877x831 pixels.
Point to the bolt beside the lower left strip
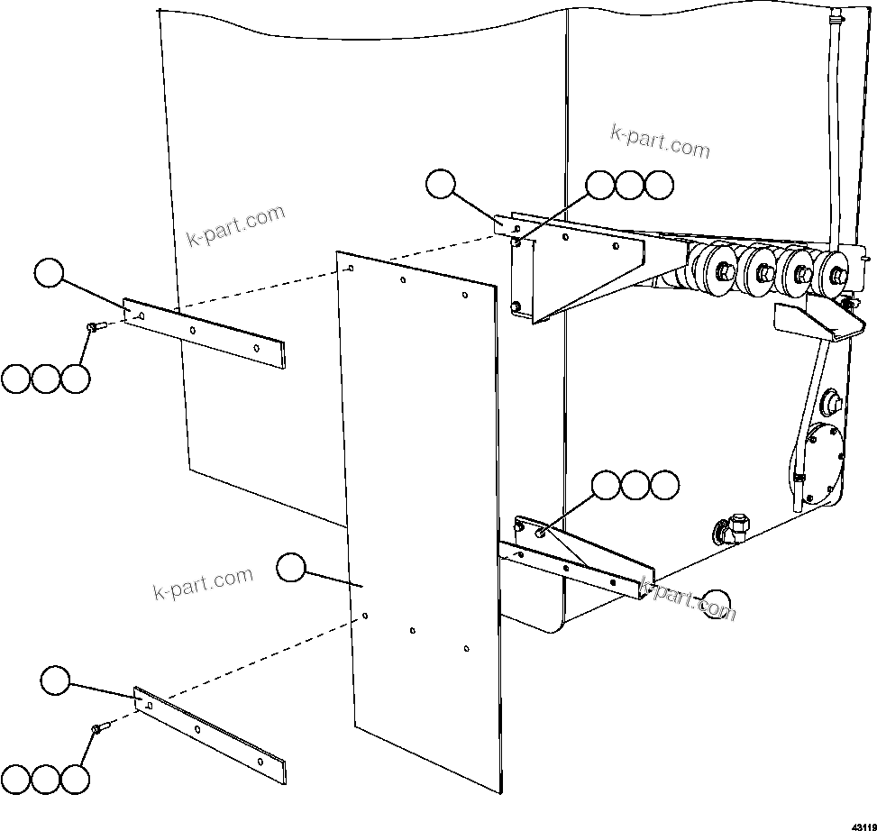(98, 726)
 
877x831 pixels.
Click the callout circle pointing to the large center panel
(290, 568)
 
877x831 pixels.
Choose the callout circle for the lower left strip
(56, 680)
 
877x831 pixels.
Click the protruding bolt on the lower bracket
(539, 533)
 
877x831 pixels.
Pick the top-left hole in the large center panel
(351, 268)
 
